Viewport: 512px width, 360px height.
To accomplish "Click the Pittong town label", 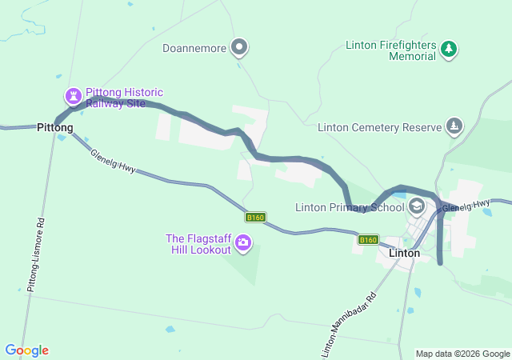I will click(55, 127).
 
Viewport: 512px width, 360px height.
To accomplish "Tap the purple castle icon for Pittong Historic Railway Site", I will click(74, 97).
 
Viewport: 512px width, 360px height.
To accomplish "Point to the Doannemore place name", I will click(194, 48).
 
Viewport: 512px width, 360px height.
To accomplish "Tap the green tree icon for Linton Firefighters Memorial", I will click(450, 50).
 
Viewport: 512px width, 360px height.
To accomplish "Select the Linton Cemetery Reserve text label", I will click(379, 127).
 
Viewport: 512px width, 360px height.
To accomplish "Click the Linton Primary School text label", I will click(350, 207).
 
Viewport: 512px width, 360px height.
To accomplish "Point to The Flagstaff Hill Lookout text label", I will click(198, 244).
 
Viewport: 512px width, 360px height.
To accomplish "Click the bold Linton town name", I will click(404, 253).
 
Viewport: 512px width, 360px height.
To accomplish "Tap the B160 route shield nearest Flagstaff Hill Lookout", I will click(255, 217).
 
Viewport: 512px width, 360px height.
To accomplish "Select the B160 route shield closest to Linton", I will click(367, 239).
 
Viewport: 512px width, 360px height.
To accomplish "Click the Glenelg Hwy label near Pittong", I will click(113, 161).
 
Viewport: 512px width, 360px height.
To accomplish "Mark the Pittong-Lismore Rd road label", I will click(36, 254).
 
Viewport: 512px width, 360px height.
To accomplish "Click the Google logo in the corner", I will click(26, 350).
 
